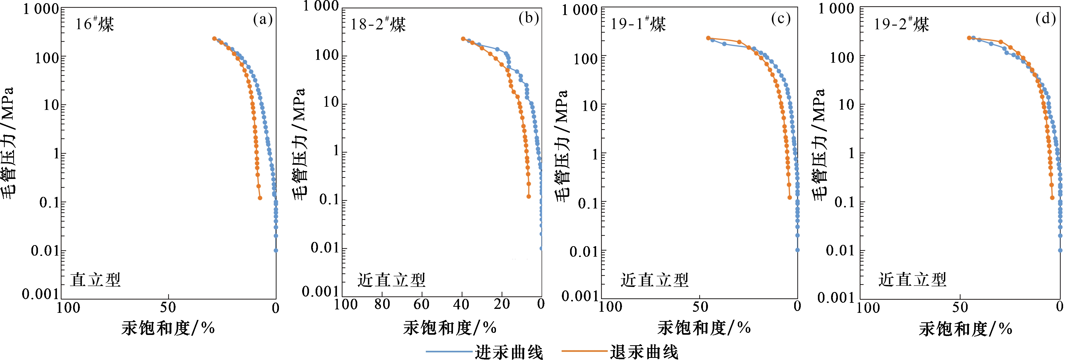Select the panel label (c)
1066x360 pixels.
tap(781, 19)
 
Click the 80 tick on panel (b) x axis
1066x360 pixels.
tap(382, 305)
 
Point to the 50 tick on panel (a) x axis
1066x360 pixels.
tap(168, 308)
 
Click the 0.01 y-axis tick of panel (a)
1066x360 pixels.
tap(45, 251)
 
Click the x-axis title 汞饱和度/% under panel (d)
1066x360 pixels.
tap(966, 329)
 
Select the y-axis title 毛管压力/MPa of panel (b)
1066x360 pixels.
tap(300, 144)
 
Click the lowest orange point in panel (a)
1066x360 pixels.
tap(260, 198)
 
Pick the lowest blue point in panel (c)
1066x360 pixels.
tap(797, 250)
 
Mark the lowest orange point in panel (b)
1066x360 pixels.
tap(528, 197)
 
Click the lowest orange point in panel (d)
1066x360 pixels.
tap(1052, 198)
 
